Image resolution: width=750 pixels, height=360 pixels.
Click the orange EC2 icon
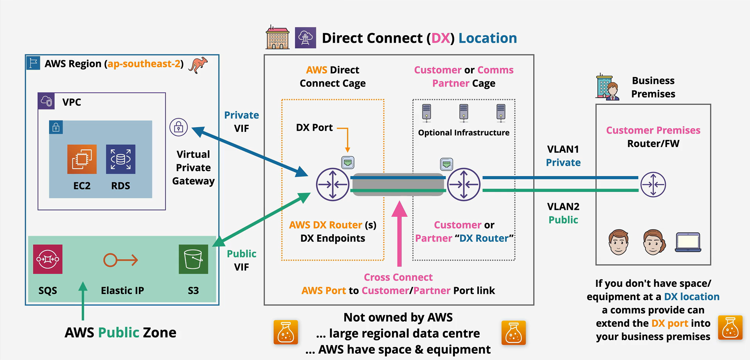[x=82, y=159]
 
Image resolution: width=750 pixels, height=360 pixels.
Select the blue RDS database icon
[x=121, y=159]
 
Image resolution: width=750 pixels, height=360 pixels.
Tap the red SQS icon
[x=48, y=259]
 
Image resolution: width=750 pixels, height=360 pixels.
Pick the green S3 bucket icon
[x=193, y=259]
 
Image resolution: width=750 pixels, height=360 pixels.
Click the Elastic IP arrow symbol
[x=121, y=260]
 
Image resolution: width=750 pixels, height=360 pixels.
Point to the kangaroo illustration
[x=198, y=65]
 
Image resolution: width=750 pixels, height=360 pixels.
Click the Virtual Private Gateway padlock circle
[x=179, y=127]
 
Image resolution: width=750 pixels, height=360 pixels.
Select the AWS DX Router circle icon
[x=333, y=184]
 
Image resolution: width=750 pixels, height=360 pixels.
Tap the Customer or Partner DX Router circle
[x=464, y=184]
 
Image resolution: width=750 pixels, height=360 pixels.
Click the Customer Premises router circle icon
[x=653, y=184]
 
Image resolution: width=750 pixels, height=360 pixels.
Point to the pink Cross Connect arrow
[x=399, y=234]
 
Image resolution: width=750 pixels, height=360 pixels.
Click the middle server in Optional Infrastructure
[x=464, y=113]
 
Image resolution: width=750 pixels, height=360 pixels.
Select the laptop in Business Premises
[x=688, y=242]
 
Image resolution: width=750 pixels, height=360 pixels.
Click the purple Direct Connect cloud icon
[x=306, y=38]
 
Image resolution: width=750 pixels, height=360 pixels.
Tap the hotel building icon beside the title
[x=278, y=38]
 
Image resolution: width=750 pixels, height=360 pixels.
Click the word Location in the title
[x=487, y=38]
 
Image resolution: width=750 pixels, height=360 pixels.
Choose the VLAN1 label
[x=563, y=149]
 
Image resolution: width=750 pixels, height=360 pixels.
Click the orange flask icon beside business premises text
[x=730, y=328]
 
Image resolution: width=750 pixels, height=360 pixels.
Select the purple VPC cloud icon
[x=46, y=101]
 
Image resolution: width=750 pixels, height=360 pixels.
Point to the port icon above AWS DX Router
[x=348, y=162]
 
